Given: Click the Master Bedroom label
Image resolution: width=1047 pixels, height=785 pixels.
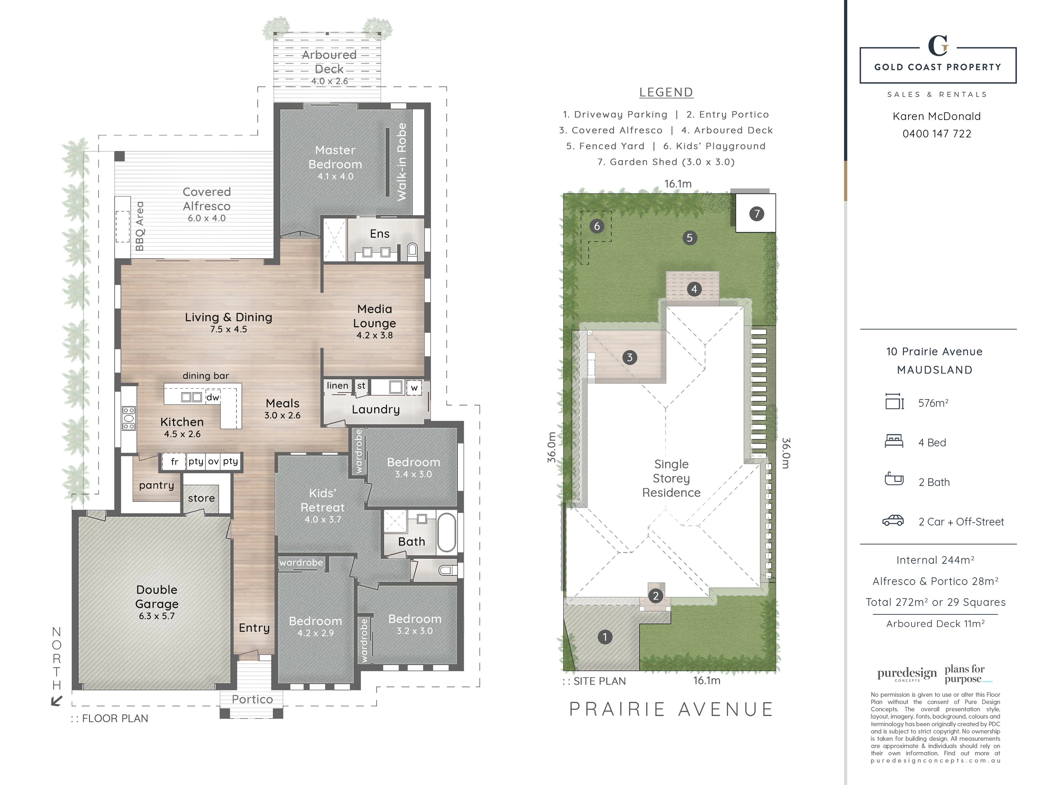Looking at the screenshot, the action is [335, 157].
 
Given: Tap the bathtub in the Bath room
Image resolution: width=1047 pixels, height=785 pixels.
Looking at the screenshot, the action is [446, 532].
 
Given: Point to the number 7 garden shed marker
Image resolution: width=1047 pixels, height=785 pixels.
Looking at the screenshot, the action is [756, 214].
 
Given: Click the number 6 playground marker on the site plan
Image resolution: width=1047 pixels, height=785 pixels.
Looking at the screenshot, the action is [597, 226].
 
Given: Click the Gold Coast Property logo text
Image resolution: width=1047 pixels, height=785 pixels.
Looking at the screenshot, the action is [938, 67].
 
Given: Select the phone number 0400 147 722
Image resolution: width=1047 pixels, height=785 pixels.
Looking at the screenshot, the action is [937, 134].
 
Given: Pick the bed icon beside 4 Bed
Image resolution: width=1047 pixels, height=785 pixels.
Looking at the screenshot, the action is [894, 442].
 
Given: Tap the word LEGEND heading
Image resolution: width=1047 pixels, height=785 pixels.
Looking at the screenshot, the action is [666, 92].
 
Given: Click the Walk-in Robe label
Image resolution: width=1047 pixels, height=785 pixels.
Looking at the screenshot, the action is [402, 162].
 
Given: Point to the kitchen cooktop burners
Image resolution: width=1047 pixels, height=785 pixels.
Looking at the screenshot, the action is [129, 418].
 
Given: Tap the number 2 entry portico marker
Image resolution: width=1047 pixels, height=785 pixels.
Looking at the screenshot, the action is [655, 596].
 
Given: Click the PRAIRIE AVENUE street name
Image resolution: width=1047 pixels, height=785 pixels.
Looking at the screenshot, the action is [671, 709].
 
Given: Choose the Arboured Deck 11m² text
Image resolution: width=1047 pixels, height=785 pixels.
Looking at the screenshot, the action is [935, 624].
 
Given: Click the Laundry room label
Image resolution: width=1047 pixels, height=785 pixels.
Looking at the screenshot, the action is [376, 410].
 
